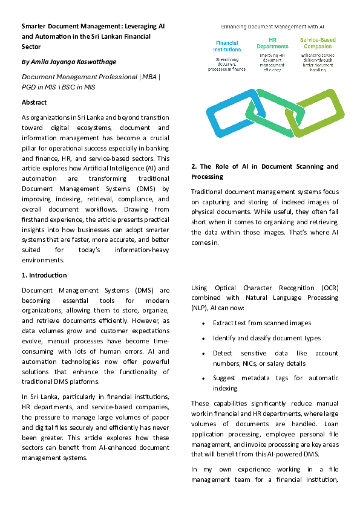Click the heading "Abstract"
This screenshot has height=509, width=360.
pyautogui.click(x=34, y=102)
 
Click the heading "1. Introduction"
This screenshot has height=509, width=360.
pyautogui.click(x=45, y=275)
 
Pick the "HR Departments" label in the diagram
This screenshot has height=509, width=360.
pyautogui.click(x=272, y=43)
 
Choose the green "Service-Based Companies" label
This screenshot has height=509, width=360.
pyautogui.click(x=318, y=43)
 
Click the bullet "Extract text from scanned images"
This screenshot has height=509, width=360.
pyautogui.click(x=257, y=323)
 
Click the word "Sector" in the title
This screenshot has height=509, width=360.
pyautogui.click(x=31, y=46)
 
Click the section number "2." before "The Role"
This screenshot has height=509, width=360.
pyautogui.click(x=194, y=166)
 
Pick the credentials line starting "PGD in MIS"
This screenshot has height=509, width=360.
pyautogui.click(x=59, y=87)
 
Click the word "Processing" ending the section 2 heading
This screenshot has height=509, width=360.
pyautogui.click(x=207, y=177)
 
